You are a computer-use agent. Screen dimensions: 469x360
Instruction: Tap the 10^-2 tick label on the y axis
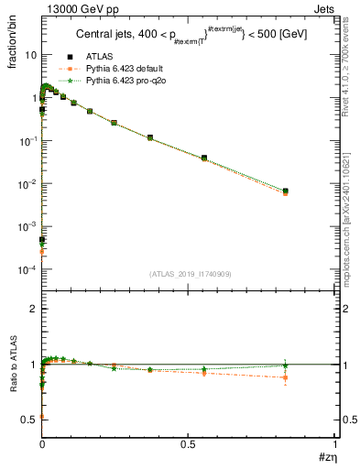tap(27, 184)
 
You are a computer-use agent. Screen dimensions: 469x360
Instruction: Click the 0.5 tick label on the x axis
tap(189, 444)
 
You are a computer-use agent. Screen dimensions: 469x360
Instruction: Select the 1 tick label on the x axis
tap(334, 444)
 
